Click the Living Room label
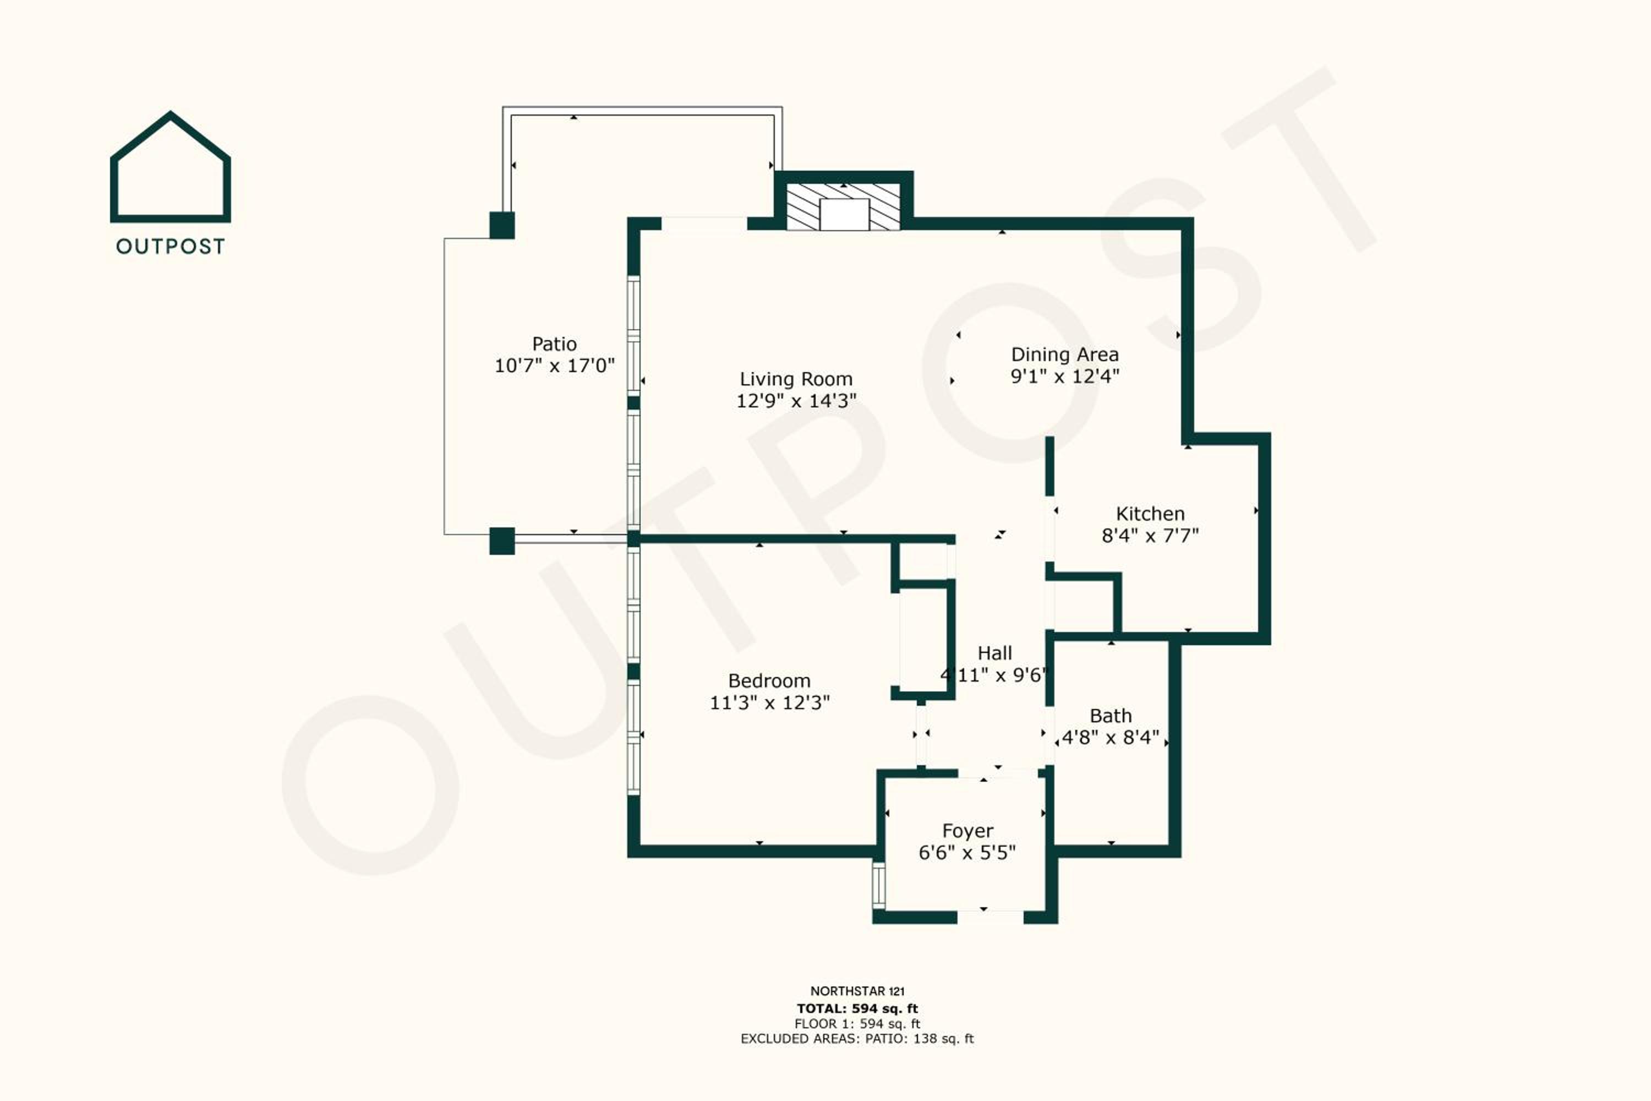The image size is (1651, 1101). [796, 379]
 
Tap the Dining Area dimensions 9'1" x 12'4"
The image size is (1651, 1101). [1064, 377]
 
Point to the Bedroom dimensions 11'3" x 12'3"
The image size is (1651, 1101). [769, 703]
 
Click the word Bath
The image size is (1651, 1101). [1111, 716]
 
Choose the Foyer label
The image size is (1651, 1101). [967, 831]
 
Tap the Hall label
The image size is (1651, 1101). [994, 653]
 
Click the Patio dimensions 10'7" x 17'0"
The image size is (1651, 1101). [555, 366]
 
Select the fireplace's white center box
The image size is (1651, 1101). [844, 214]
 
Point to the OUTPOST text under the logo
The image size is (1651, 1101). [171, 247]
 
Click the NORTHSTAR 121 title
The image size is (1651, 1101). [857, 991]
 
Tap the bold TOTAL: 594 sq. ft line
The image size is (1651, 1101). [857, 1009]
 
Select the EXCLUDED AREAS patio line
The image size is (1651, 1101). [857, 1038]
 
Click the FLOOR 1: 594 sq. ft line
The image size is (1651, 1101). [857, 1024]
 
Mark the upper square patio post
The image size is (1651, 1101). [502, 225]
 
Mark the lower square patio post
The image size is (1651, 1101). [502, 541]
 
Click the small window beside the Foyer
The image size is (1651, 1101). [879, 885]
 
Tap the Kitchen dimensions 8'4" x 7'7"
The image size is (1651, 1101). [1150, 536]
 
